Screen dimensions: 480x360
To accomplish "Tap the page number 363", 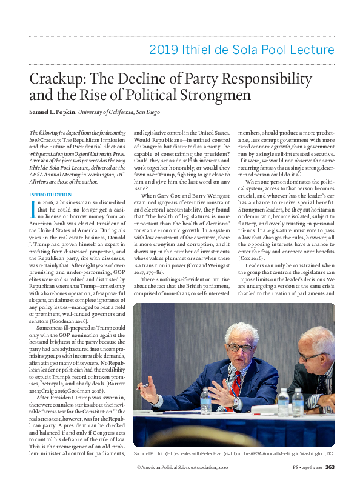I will click(x=330, y=467).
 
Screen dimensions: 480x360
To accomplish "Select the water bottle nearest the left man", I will click(x=205, y=403).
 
